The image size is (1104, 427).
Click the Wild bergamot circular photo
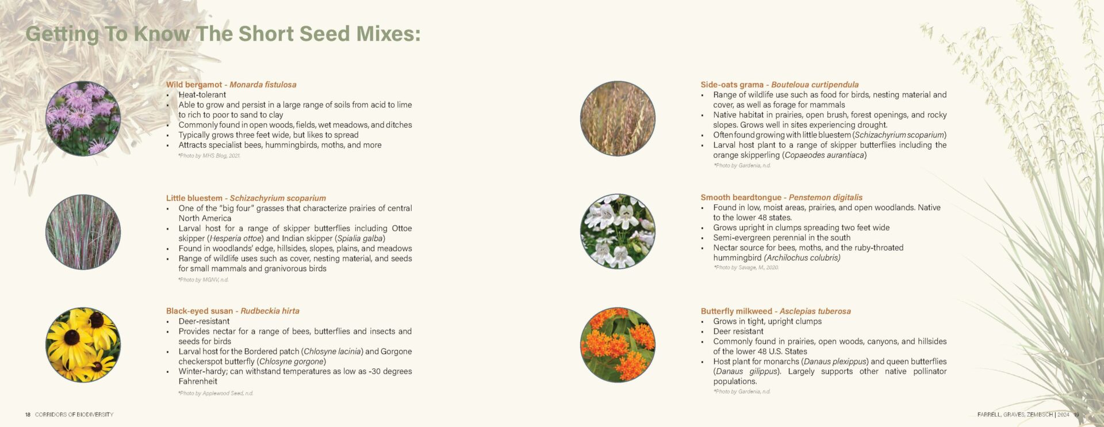(83, 119)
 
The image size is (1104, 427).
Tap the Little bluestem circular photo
(83, 232)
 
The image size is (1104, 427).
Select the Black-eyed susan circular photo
(83, 345)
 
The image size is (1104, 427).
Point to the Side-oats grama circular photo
(618, 119)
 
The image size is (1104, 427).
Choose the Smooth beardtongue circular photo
(618, 231)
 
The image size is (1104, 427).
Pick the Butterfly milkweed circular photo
(618, 345)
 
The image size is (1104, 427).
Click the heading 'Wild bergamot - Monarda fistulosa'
(231, 85)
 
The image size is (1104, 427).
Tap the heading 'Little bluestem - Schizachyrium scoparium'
(246, 198)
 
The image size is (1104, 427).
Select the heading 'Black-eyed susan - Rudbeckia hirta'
(233, 311)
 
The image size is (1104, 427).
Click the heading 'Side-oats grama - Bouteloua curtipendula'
(779, 85)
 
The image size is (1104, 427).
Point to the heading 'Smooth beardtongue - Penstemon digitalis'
(781, 197)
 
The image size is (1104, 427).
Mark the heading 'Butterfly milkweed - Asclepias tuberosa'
(776, 311)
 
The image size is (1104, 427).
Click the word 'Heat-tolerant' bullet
(202, 95)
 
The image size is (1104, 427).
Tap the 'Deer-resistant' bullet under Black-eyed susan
(204, 321)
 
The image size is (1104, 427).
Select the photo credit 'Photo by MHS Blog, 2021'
(209, 156)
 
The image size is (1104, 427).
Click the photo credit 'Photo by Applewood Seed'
(216, 394)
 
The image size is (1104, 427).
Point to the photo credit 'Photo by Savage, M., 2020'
(746, 268)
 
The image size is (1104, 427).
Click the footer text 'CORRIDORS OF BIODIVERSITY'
(74, 414)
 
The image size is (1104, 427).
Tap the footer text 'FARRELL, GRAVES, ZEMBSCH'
(1015, 414)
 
